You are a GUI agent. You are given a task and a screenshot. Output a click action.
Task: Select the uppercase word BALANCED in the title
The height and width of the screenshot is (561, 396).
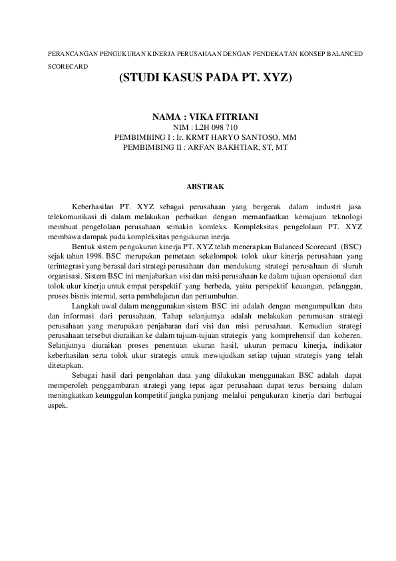point(343,53)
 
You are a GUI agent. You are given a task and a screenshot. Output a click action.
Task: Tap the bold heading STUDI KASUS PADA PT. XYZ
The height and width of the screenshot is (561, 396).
point(205,78)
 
